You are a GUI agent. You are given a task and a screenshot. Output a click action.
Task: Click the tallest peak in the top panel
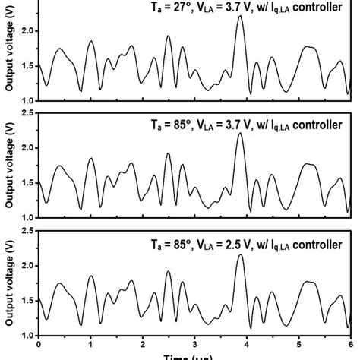click(x=240, y=16)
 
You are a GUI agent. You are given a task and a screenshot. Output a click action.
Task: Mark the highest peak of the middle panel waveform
click(x=240, y=134)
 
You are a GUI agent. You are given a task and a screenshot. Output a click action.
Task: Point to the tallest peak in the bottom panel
click(x=241, y=255)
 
